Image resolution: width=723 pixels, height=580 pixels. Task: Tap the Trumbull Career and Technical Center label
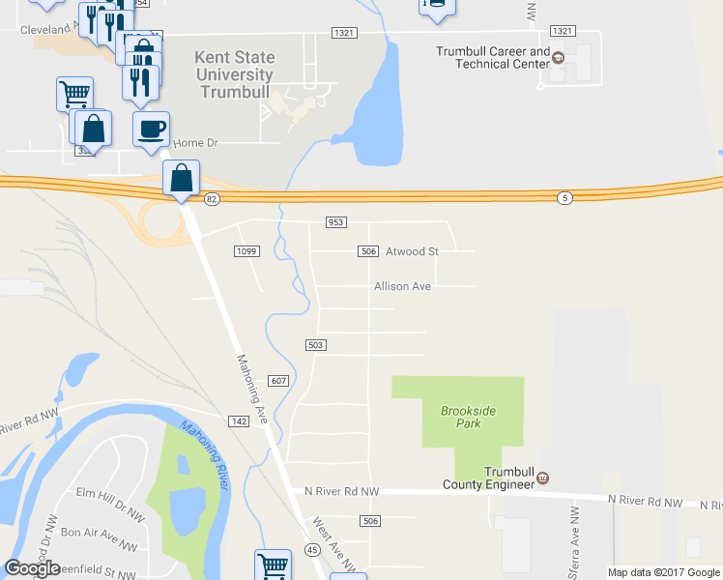(493, 57)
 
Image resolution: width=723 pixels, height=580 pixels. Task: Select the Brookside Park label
(468, 417)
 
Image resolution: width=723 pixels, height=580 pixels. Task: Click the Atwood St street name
(412, 251)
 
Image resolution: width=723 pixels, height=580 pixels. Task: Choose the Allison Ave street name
(402, 286)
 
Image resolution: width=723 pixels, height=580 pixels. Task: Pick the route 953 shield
(335, 222)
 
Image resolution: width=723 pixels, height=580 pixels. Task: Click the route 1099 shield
(246, 251)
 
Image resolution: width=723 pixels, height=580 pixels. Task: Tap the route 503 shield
(315, 345)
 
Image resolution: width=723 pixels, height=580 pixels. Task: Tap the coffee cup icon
(151, 130)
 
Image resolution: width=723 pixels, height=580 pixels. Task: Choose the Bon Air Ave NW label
(97, 533)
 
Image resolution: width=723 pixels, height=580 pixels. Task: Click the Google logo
(33, 568)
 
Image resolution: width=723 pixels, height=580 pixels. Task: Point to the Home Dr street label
(197, 143)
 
